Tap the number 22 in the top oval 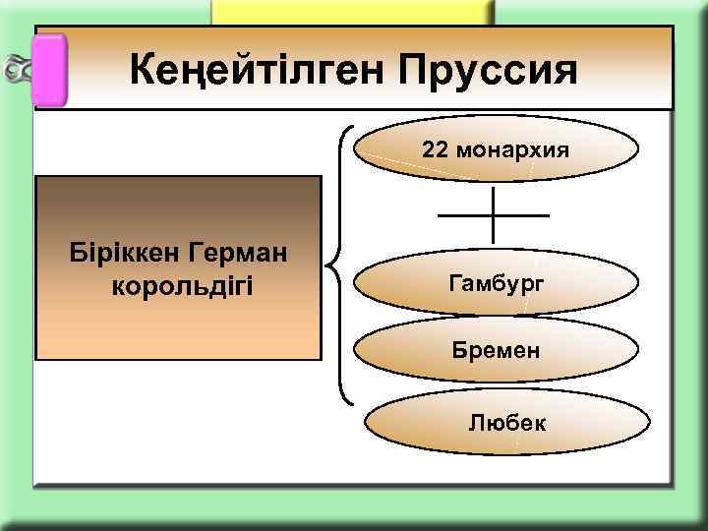(x=435, y=150)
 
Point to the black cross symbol (x=493, y=214)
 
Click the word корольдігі (x=177, y=286)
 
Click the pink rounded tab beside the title (x=50, y=69)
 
